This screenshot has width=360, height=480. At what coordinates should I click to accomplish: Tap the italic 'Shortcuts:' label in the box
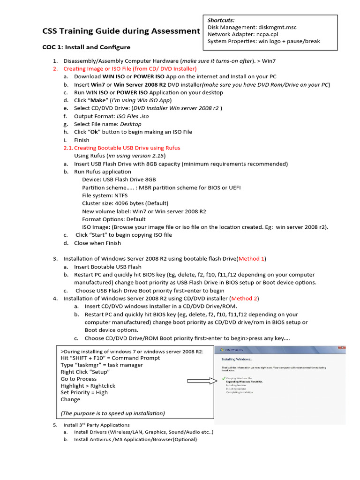tap(221, 20)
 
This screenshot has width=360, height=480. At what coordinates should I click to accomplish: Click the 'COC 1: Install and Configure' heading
tap(87, 47)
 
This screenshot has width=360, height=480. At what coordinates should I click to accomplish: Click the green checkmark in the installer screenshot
tap(224, 377)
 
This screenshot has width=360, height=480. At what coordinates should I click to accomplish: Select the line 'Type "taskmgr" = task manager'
tap(102, 365)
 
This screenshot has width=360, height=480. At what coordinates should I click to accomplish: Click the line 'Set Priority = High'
tap(84, 393)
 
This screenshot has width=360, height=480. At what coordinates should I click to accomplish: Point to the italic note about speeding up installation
tap(112, 413)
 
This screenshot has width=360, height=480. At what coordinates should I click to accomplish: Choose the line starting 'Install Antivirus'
tap(135, 440)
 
